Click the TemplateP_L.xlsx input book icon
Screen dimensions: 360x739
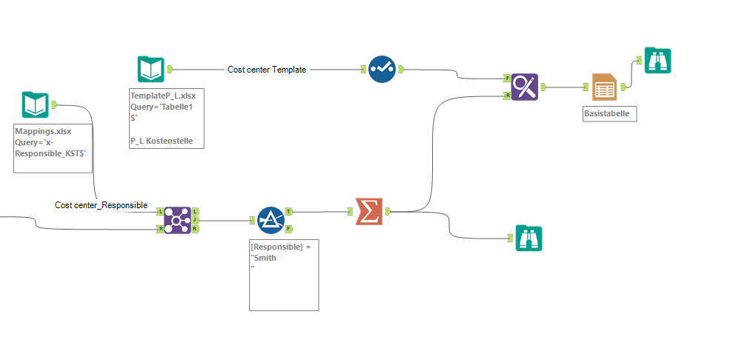[151, 69]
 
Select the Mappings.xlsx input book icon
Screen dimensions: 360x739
[35, 105]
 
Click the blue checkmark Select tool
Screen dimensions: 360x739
[382, 69]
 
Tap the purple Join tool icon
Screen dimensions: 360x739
[177, 220]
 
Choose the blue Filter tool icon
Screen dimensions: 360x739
[271, 220]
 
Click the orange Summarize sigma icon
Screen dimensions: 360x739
[368, 211]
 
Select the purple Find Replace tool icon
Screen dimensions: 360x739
[525, 87]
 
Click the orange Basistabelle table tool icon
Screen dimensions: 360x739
[604, 87]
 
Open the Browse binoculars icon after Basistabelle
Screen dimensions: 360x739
[657, 60]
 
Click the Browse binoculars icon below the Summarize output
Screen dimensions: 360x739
[529, 239]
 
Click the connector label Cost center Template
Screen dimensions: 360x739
[267, 70]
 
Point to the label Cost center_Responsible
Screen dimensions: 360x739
[101, 205]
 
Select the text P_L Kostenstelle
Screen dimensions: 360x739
[162, 141]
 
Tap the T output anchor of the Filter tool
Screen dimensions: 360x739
[288, 211]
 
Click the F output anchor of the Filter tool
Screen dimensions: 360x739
[288, 229]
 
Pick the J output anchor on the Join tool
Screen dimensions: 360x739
[195, 220]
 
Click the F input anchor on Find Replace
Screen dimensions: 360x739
[507, 78]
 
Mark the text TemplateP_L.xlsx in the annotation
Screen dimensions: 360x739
[162, 96]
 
